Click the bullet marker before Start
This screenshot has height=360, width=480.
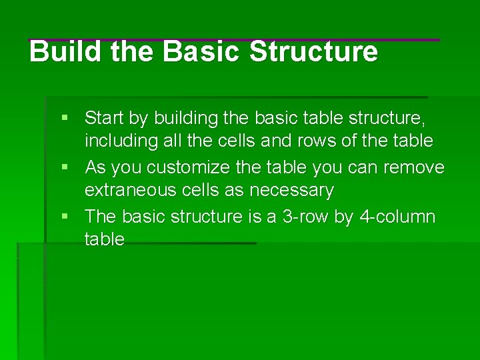65,118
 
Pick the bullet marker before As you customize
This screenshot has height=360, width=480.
65,167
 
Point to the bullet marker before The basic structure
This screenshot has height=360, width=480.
65,216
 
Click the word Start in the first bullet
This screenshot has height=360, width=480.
105,119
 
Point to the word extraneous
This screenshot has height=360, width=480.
130,191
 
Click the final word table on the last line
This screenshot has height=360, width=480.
104,239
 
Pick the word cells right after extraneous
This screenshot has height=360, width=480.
200,191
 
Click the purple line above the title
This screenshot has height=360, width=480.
233,40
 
